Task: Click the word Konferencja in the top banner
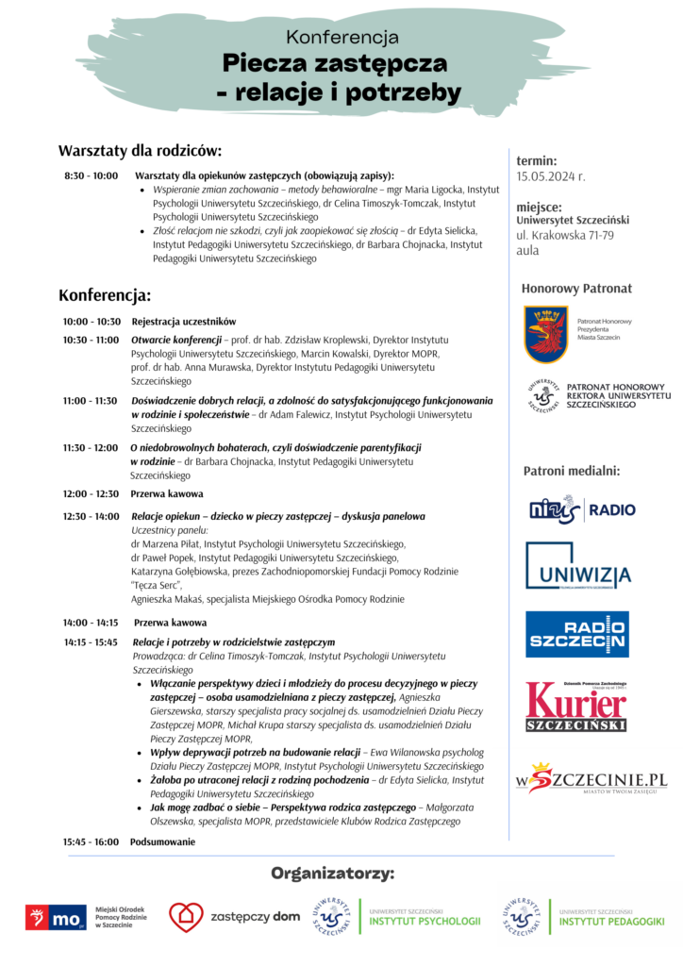[x=341, y=38]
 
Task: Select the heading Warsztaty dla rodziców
[x=140, y=151]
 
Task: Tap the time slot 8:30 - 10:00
[x=91, y=175]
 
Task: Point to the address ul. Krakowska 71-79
[x=565, y=235]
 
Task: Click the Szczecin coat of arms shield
[x=546, y=333]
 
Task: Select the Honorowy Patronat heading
[x=576, y=288]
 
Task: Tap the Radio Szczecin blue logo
[x=576, y=634]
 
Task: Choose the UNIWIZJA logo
[x=577, y=566]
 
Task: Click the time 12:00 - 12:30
[x=91, y=493]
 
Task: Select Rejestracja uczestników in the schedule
[x=184, y=322]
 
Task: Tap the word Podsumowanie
[x=162, y=841]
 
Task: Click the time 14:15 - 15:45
[x=91, y=641]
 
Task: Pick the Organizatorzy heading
[x=332, y=873]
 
